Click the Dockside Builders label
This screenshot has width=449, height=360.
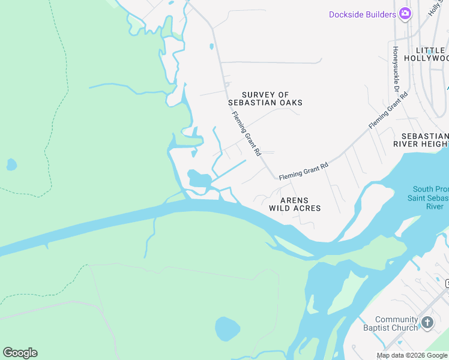pyautogui.click(x=363, y=14)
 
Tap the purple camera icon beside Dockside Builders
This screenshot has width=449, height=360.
pyautogui.click(x=405, y=13)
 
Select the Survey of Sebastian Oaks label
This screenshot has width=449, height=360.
pyautogui.click(x=272, y=99)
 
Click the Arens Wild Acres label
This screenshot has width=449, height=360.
pyautogui.click(x=295, y=205)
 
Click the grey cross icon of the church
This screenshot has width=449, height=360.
pyautogui.click(x=427, y=323)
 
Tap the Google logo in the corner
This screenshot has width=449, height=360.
pyautogui.click(x=20, y=353)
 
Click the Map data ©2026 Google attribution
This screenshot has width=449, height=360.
pyautogui.click(x=411, y=355)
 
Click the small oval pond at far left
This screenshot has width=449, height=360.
pyautogui.click(x=11, y=164)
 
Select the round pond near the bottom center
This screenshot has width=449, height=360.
pyautogui.click(x=228, y=329)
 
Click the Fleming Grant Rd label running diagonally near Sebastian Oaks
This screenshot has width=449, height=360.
pyautogui.click(x=246, y=134)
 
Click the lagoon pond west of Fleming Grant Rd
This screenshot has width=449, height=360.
pyautogui.click(x=199, y=178)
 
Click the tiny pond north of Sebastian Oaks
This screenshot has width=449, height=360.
pyautogui.click(x=211, y=46)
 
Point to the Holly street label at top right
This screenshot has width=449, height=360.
pyautogui.click(x=433, y=8)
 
